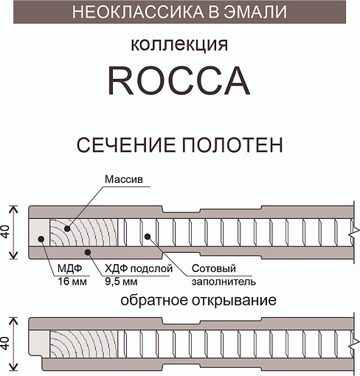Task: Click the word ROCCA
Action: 179,80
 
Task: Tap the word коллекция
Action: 179,44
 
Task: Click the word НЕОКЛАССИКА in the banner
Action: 138,12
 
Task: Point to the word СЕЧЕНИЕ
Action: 126,145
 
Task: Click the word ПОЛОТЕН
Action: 232,145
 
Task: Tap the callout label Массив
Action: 124,179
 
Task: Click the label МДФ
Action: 69,268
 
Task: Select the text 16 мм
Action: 72,282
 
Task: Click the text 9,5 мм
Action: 121,282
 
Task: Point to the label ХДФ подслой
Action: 139,268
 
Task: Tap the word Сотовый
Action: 214,268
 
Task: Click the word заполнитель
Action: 224,282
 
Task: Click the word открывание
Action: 234,301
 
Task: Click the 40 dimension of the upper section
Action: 5,232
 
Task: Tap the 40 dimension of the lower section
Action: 5,344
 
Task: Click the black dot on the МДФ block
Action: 41,239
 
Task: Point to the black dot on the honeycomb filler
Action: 148,237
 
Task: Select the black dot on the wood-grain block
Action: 67,229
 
